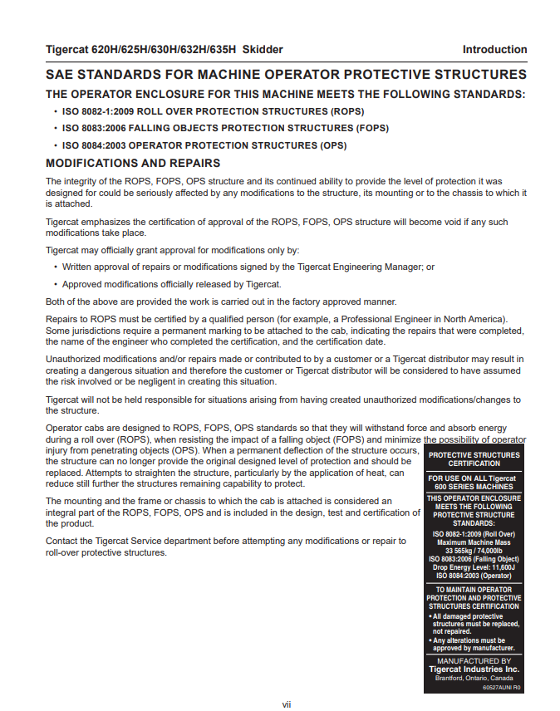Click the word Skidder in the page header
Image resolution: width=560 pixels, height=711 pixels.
(x=262, y=50)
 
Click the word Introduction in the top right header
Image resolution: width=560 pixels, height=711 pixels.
(x=494, y=50)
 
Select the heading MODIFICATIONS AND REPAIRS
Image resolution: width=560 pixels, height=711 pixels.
(x=133, y=163)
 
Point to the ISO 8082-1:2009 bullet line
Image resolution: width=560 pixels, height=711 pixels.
(x=213, y=111)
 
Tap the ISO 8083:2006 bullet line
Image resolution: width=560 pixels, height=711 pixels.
(x=225, y=129)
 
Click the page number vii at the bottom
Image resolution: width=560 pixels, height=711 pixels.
(x=286, y=704)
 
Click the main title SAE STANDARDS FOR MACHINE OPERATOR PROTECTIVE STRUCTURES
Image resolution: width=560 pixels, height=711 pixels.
(x=286, y=75)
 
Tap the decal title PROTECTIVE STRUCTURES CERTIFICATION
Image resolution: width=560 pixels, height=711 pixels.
(x=474, y=459)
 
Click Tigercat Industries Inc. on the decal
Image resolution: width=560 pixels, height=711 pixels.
(x=474, y=669)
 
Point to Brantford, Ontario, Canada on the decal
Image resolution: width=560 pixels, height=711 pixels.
(x=474, y=678)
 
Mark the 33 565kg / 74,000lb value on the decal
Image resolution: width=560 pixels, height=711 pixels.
(x=474, y=551)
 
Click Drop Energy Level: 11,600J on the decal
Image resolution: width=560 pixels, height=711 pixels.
(x=474, y=567)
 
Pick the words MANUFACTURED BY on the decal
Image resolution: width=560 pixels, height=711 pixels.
(x=474, y=661)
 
